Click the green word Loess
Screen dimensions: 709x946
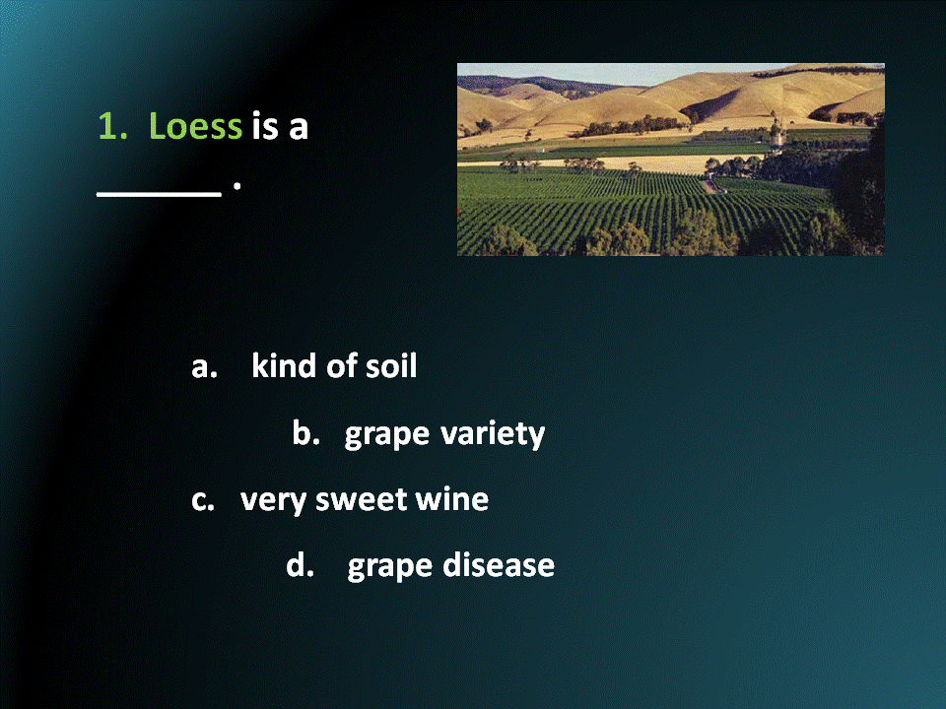pos(195,127)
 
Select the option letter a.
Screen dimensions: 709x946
pos(202,367)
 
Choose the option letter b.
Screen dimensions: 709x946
pos(305,433)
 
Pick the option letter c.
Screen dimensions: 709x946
pos(202,500)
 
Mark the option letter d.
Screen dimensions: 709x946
pos(300,566)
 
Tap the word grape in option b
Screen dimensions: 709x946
pos(386,435)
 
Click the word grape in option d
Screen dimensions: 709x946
pos(389,568)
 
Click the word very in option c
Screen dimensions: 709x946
pos(273,501)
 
